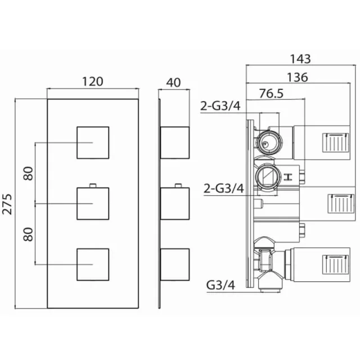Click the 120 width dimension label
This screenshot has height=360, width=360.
(x=92, y=81)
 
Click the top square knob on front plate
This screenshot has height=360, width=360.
(x=92, y=142)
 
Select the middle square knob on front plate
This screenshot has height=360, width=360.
(x=92, y=203)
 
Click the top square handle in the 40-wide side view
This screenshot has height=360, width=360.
(x=175, y=142)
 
